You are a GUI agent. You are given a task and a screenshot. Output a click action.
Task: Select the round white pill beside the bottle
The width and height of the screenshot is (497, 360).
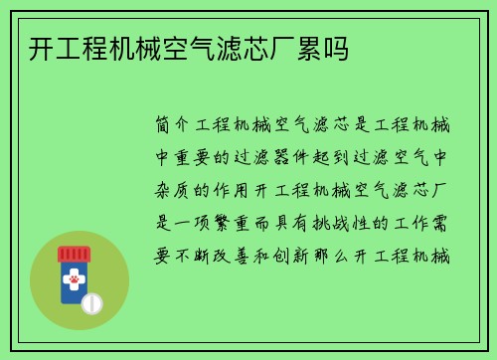[92, 301]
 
